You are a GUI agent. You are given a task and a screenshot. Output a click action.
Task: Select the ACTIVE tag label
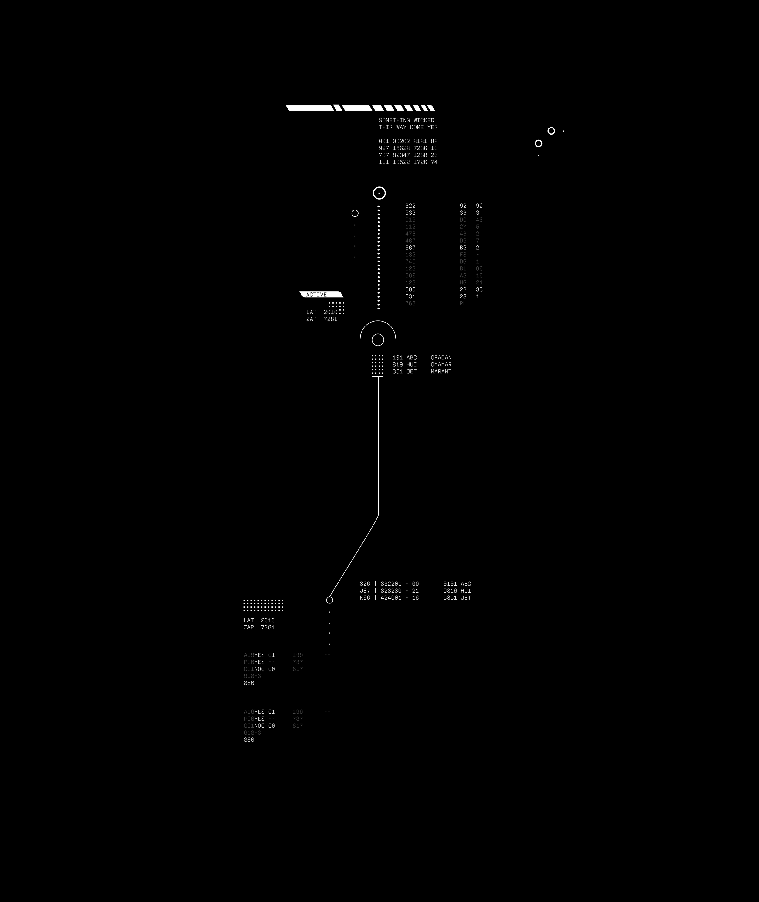click(317, 295)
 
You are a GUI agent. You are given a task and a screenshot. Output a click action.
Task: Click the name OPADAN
click(441, 358)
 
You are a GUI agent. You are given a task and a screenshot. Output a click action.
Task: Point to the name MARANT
click(441, 371)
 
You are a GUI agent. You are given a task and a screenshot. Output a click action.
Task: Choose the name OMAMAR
click(441, 364)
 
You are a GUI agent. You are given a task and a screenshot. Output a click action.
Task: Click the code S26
click(365, 584)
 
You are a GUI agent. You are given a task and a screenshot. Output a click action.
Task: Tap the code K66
click(365, 598)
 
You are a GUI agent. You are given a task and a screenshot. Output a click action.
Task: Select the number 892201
click(391, 584)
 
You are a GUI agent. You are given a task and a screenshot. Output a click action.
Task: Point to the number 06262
click(401, 141)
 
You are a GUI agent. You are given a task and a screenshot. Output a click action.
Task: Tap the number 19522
click(401, 162)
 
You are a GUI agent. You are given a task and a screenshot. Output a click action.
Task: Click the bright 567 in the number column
click(410, 248)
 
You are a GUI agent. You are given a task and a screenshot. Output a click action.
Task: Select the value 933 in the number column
click(410, 213)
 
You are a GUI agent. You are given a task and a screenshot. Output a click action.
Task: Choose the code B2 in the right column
click(463, 248)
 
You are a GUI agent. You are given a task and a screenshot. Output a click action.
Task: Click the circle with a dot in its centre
click(379, 193)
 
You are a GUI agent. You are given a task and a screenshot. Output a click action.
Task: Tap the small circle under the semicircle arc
click(378, 340)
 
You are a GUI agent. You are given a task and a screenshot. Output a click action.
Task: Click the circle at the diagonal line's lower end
click(330, 600)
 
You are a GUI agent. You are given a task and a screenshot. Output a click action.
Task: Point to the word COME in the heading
click(417, 127)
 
